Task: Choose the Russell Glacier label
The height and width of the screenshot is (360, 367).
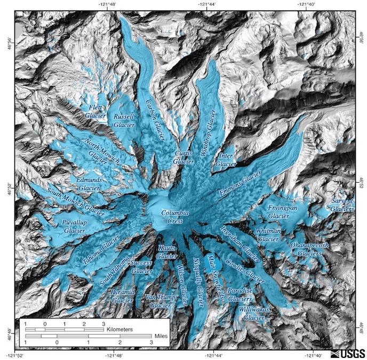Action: click(x=124, y=120)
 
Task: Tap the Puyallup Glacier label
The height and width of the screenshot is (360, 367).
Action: click(x=74, y=226)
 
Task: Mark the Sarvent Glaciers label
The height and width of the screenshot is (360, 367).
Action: click(x=342, y=205)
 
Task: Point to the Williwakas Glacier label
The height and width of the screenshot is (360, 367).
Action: click(x=253, y=314)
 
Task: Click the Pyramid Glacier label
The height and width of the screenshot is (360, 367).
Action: click(x=123, y=296)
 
